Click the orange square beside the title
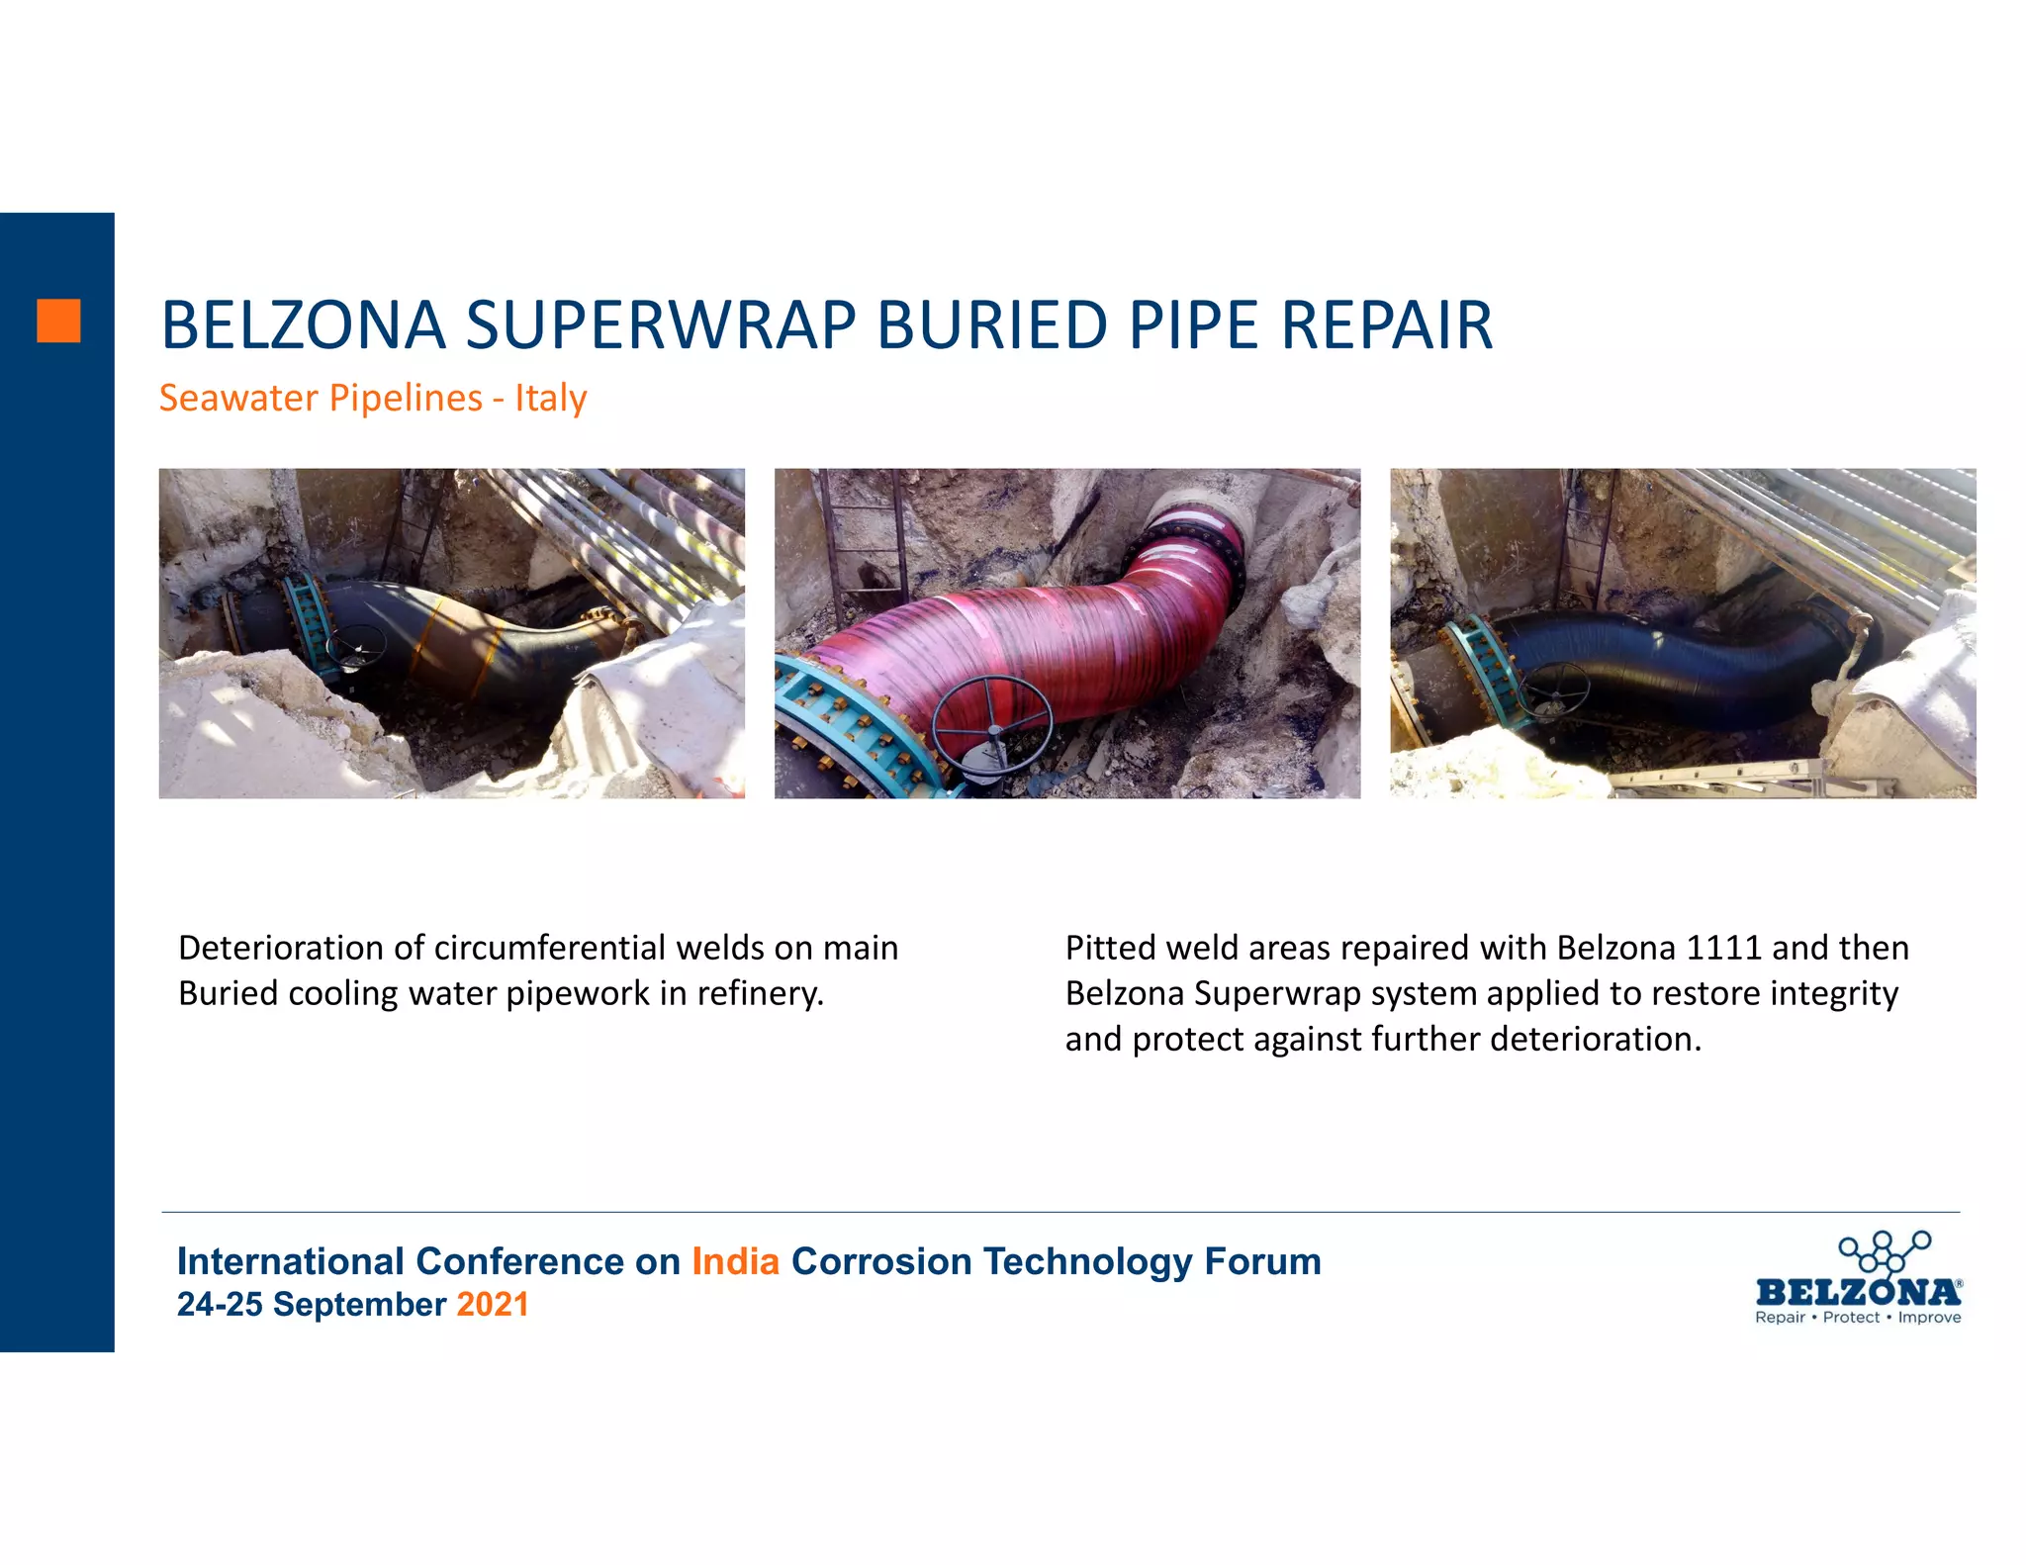pos(58,321)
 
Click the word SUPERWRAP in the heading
pos(660,325)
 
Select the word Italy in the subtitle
pos(550,398)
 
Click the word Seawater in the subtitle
pos(238,398)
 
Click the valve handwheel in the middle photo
pos(992,722)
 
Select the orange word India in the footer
pos(735,1261)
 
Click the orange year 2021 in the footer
pos(492,1304)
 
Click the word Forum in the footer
pos(1262,1261)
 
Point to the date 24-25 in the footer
pos(220,1304)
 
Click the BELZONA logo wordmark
pos(1858,1292)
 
